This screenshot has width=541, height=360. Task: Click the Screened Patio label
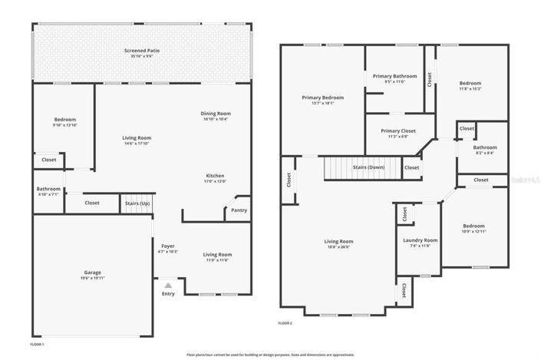(142, 51)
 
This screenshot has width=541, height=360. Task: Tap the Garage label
(93, 272)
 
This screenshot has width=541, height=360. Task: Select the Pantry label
(238, 210)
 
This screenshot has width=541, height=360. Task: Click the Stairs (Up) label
(137, 203)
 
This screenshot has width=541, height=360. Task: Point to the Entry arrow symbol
(168, 286)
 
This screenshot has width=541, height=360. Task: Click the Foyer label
(167, 246)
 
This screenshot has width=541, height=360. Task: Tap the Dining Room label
(216, 114)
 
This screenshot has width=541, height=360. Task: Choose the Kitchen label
(215, 176)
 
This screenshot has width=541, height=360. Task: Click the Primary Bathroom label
(394, 76)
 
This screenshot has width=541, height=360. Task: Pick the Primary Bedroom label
(322, 97)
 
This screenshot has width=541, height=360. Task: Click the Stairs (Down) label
(368, 167)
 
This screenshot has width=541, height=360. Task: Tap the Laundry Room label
(420, 240)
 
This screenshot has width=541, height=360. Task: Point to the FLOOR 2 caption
(285, 323)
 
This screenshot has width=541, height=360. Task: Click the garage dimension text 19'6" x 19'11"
(93, 278)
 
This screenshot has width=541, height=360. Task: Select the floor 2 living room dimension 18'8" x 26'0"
(338, 246)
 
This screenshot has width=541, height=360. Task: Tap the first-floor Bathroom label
(48, 189)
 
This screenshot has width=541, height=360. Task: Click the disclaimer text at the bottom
(270, 355)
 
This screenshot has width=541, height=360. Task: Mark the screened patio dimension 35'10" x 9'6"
(142, 57)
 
